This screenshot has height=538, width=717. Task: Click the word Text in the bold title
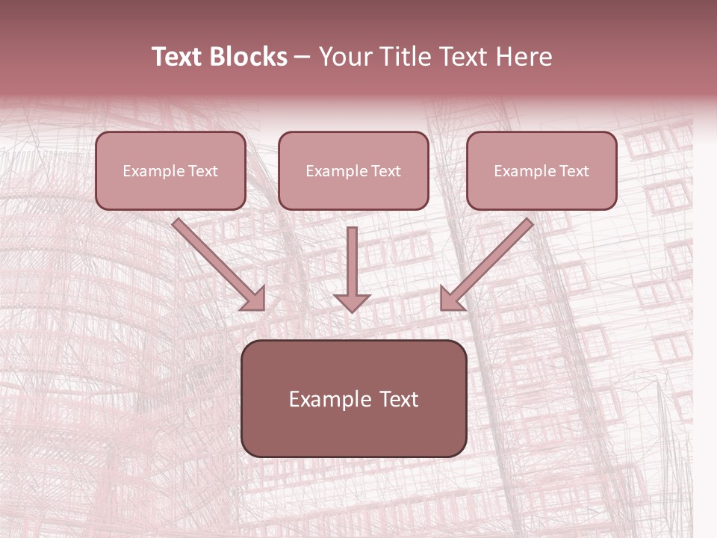pos(178,57)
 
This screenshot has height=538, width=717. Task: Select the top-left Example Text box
pos(170,170)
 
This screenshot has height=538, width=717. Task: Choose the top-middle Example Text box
pos(353,170)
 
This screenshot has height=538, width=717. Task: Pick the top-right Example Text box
pos(541,170)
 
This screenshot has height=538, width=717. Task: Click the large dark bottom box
pos(353,398)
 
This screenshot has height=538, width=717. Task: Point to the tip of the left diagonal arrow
pos(261,308)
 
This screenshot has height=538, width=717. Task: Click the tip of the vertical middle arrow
pos(352,309)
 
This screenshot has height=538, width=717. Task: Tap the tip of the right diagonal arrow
pos(443,308)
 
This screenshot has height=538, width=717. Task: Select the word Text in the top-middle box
pos(385,171)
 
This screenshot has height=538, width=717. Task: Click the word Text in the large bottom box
pos(398,399)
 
